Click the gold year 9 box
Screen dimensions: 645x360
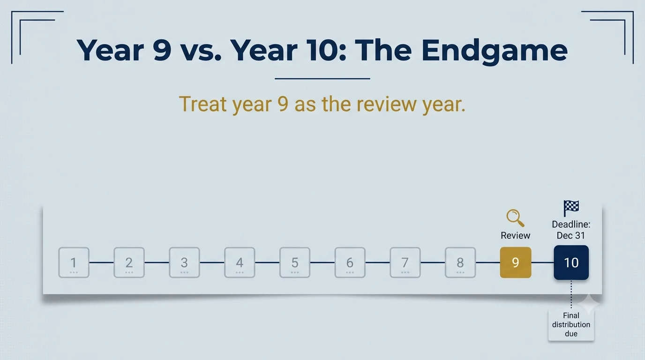pyautogui.click(x=516, y=262)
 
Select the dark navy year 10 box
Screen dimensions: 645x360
pyautogui.click(x=571, y=262)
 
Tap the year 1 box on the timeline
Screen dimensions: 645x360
pyautogui.click(x=74, y=262)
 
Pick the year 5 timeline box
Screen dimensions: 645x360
pyautogui.click(x=294, y=262)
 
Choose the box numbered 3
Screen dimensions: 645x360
pyautogui.click(x=184, y=262)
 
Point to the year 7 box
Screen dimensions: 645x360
pyautogui.click(x=405, y=262)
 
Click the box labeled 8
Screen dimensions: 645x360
pyautogui.click(x=460, y=262)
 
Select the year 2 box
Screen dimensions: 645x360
pyautogui.click(x=129, y=262)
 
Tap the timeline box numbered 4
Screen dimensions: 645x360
pyautogui.click(x=240, y=262)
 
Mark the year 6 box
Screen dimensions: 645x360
pyautogui.click(x=350, y=262)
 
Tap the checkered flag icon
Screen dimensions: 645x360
pyautogui.click(x=571, y=208)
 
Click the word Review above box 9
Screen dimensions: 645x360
pyautogui.click(x=516, y=236)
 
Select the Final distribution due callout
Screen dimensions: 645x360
pyautogui.click(x=571, y=324)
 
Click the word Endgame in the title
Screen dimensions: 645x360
pyautogui.click(x=495, y=51)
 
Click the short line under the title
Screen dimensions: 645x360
pyautogui.click(x=322, y=78)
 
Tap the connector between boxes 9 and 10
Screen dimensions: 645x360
pyautogui.click(x=542, y=262)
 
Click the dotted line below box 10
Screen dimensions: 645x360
pyautogui.click(x=571, y=294)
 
